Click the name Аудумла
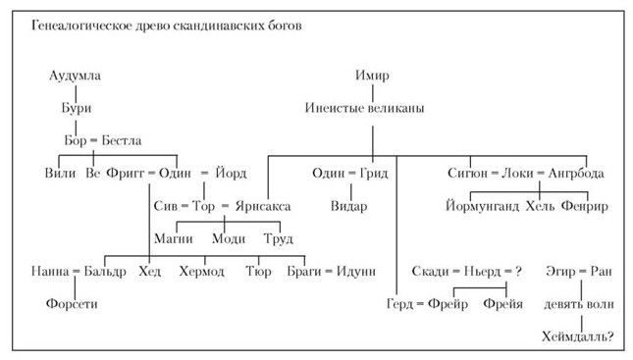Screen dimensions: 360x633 76,76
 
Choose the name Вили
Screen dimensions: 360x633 61,174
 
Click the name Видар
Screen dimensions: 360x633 349,207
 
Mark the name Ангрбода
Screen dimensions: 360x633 576,174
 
